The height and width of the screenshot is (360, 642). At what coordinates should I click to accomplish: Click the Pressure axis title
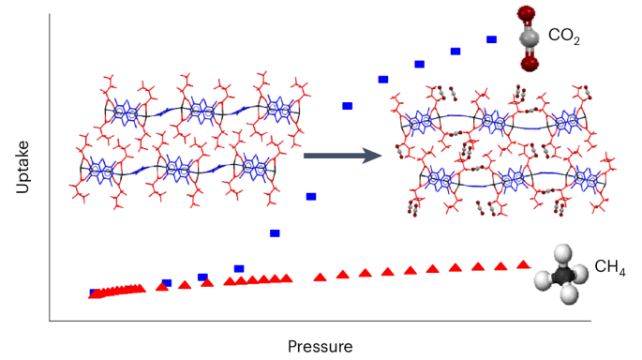pyautogui.click(x=321, y=346)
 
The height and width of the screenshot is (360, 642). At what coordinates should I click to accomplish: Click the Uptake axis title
pyautogui.click(x=23, y=169)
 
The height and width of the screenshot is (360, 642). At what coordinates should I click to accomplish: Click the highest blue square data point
pyautogui.click(x=491, y=39)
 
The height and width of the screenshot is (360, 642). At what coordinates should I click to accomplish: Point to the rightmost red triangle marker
pyautogui.click(x=523, y=264)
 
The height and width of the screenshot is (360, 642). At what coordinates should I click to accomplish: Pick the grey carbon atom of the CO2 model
pyautogui.click(x=530, y=37)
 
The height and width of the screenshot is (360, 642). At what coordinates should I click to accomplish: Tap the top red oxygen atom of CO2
pyautogui.click(x=527, y=13)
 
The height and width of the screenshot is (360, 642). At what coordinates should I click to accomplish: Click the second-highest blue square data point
pyautogui.click(x=455, y=52)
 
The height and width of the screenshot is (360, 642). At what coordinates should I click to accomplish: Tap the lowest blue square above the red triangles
pyautogui.click(x=239, y=269)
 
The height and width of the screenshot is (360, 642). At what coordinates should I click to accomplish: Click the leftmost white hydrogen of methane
pyautogui.click(x=541, y=278)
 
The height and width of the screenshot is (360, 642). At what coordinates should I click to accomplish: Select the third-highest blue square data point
pyautogui.click(x=419, y=64)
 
